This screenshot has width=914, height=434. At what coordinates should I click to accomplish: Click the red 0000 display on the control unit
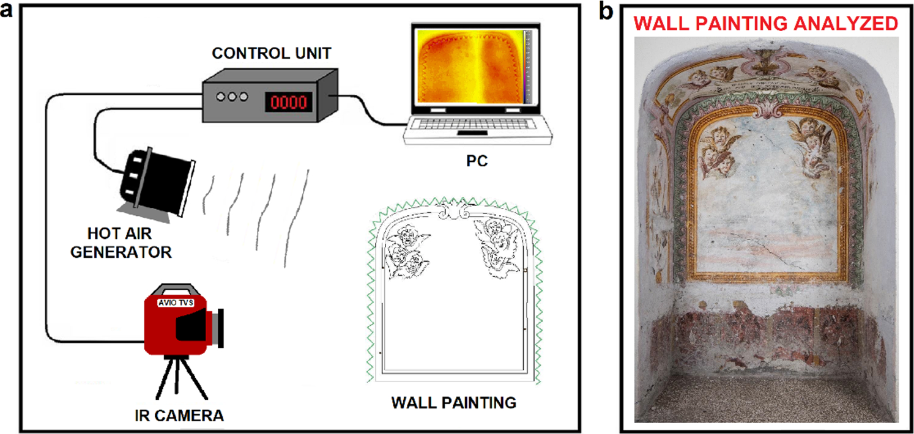click(x=288, y=101)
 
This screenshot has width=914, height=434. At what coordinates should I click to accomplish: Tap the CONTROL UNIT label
click(x=272, y=54)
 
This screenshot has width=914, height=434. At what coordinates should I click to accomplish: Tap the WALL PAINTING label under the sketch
click(x=453, y=403)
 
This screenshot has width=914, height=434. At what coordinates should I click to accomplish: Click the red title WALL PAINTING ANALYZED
click(x=766, y=24)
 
